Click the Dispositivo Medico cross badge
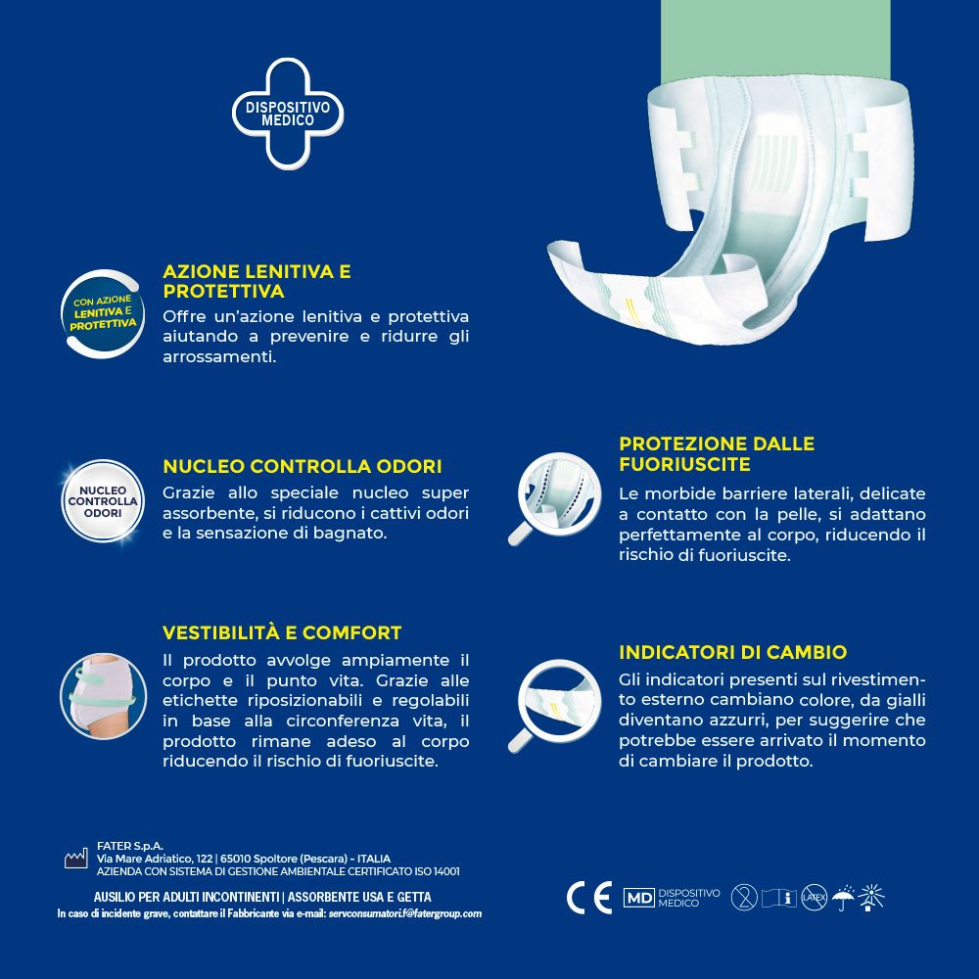pyautogui.click(x=288, y=113)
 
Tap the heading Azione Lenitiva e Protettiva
pyautogui.click(x=256, y=281)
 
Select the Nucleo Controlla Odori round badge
pyautogui.click(x=103, y=500)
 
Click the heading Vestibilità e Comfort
pyautogui.click(x=282, y=632)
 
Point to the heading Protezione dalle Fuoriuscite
pyautogui.click(x=717, y=454)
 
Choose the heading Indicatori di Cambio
pyautogui.click(x=732, y=652)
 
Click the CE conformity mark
pyautogui.click(x=588, y=897)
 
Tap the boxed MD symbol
pyautogui.click(x=639, y=898)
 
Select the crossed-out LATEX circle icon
pyautogui.click(x=815, y=897)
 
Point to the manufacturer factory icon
pyautogui.click(x=76, y=859)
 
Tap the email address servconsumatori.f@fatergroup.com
pyautogui.click(x=405, y=913)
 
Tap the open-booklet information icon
pyautogui.click(x=779, y=897)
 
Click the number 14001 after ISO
pyautogui.click(x=444, y=871)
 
